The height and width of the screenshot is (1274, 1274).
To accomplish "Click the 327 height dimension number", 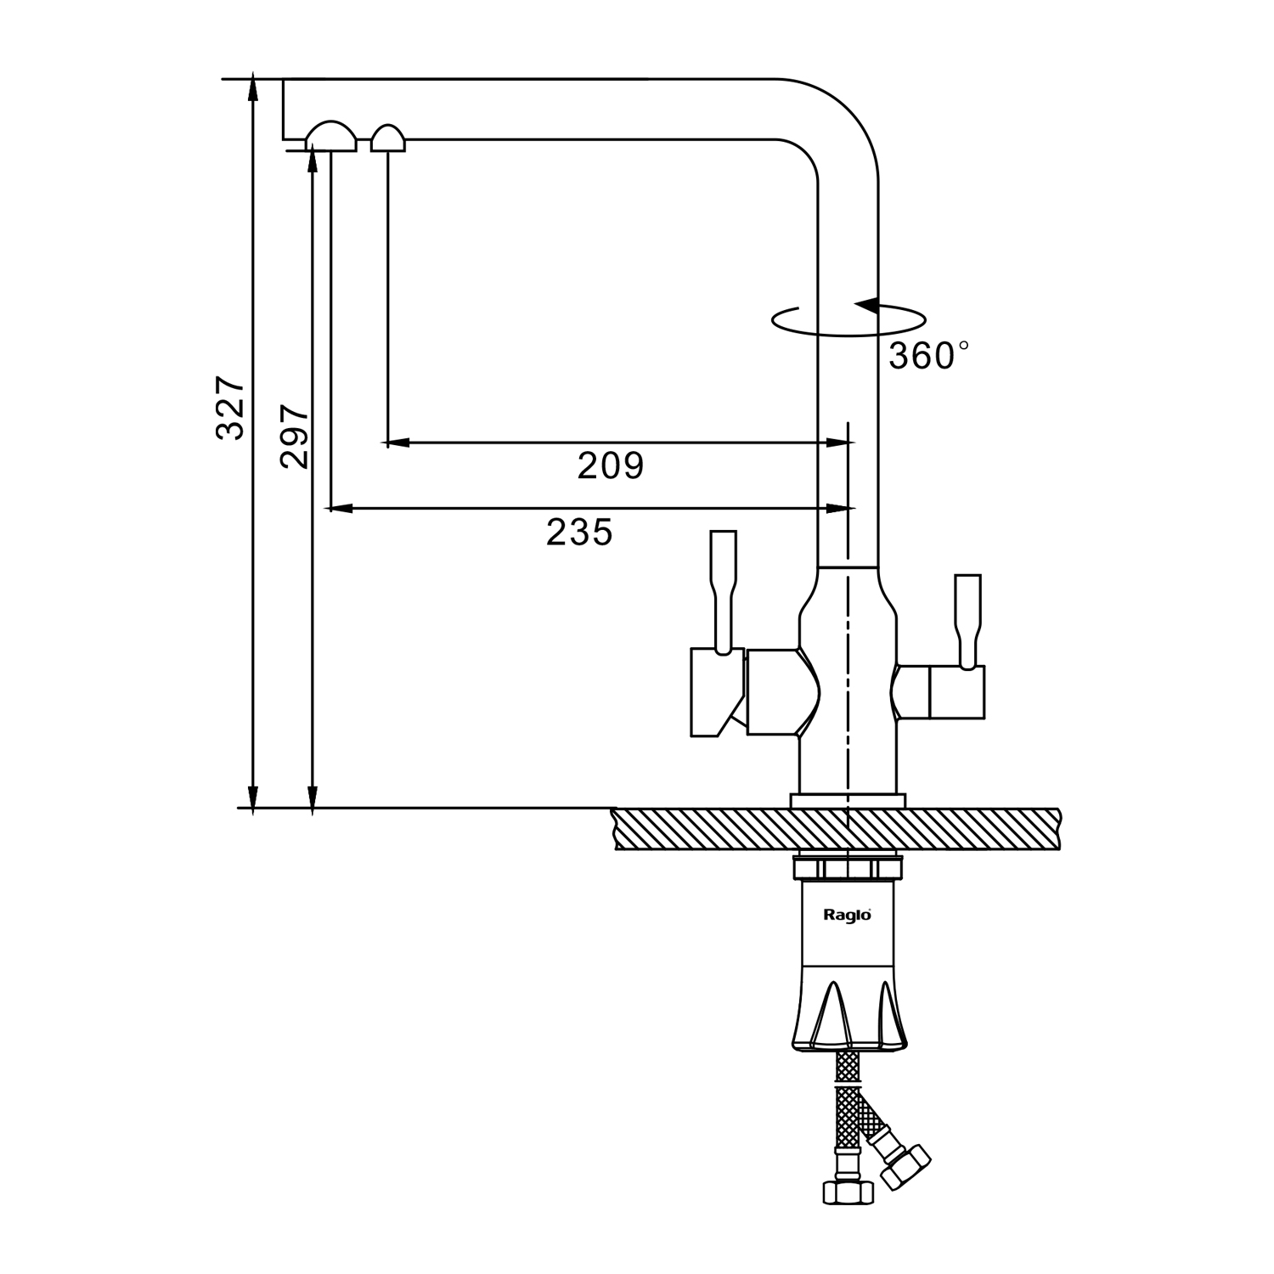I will point(230,407).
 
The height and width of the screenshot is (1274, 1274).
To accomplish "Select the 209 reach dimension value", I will point(611,465).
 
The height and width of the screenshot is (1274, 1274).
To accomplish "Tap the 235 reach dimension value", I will point(579,533).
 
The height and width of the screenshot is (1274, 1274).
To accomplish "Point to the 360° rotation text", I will point(927,356).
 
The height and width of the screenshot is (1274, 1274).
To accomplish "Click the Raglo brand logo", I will point(847,915).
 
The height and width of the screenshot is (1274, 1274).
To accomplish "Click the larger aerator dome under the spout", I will point(331,138).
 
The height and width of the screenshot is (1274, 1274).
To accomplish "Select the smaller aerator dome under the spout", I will point(388,139).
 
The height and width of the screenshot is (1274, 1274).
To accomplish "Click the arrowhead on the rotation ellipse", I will point(866,306).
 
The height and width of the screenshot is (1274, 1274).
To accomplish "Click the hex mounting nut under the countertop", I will point(847,869).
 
